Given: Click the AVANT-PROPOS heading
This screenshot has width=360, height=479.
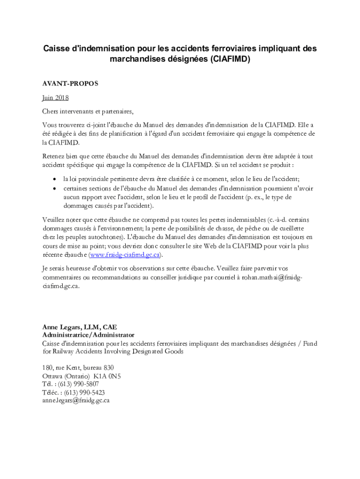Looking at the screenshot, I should [x=70, y=84].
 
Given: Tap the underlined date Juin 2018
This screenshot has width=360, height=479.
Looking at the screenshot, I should [x=55, y=98].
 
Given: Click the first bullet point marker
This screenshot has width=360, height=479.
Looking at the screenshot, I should [x=55, y=180].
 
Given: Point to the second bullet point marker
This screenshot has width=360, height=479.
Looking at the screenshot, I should [x=55, y=189].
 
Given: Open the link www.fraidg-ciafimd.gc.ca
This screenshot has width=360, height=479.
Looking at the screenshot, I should [x=126, y=255].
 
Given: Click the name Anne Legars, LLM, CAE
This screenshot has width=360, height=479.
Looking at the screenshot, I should [x=79, y=327].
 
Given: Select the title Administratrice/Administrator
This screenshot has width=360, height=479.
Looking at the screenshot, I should [x=88, y=335].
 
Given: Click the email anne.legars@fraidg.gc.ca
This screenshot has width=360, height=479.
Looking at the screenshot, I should [x=76, y=400].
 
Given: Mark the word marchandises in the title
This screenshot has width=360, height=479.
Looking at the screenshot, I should [x=138, y=59].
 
